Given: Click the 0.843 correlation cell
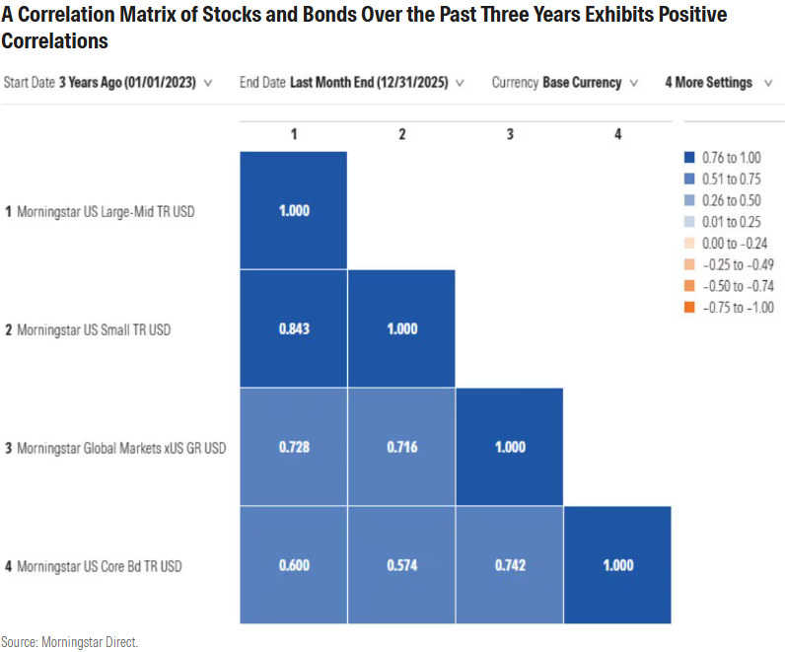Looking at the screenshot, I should point(293,328).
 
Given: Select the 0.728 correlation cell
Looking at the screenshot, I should point(293,447).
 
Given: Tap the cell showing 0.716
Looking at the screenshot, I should point(401,447).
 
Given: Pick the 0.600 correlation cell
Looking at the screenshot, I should point(293,565).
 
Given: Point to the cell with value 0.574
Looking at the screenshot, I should point(401,565).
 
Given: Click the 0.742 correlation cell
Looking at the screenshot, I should point(509,565).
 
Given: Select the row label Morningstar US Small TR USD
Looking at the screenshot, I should point(94,329).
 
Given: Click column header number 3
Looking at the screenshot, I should point(509,134).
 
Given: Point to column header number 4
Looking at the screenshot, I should point(617,134).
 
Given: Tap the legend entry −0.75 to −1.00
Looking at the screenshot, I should point(735,308).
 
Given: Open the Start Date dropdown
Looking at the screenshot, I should point(107,83).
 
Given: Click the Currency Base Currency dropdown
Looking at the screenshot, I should point(565,83).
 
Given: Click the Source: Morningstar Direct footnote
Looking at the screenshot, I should point(70,642).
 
